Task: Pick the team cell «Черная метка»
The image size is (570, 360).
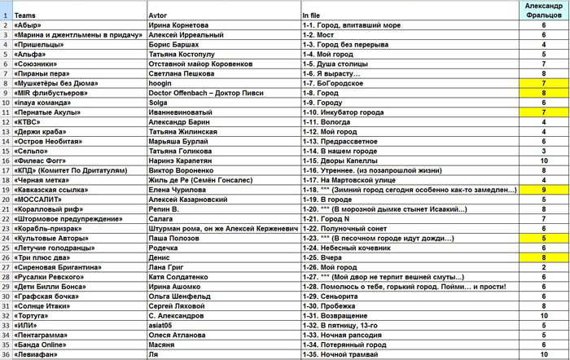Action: click(x=41, y=180)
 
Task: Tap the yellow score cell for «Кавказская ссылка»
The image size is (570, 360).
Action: click(x=543, y=190)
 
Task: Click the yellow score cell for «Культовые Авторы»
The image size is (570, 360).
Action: click(x=543, y=238)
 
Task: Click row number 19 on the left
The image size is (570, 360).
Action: click(x=6, y=190)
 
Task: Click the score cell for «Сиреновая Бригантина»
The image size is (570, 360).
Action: click(x=543, y=266)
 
